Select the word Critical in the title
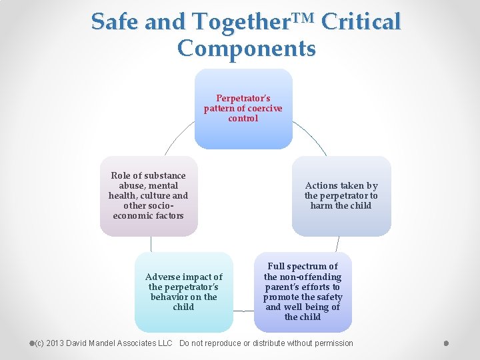point(361,21)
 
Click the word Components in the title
point(246,48)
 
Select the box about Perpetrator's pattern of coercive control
point(243,109)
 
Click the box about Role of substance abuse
point(149,196)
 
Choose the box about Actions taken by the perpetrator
point(341,196)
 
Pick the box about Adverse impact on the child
point(184,292)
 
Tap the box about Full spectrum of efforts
point(303,292)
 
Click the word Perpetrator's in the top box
point(243,99)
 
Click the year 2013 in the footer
point(57,343)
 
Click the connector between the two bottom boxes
point(243,311)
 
